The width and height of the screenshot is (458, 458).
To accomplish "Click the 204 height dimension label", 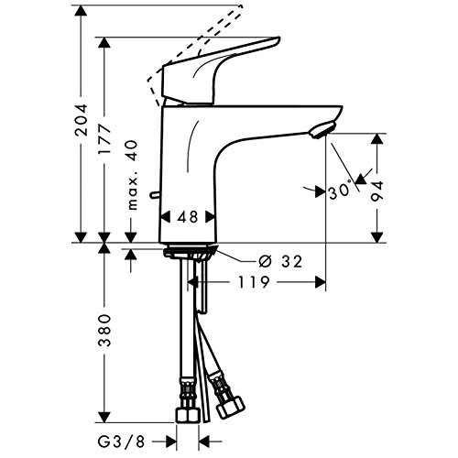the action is [82, 120].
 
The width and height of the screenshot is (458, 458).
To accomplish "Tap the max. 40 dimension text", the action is [132, 175].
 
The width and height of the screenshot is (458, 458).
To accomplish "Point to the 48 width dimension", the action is [188, 217].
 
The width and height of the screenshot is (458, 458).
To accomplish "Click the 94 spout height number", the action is [376, 191].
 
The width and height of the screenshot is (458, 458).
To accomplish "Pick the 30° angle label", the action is [340, 191].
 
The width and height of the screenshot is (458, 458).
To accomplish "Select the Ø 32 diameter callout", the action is [280, 262].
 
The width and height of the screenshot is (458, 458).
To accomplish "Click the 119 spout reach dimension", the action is [254, 282].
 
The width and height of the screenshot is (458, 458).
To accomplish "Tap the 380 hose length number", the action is [104, 330].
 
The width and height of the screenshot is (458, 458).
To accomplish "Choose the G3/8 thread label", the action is [121, 441].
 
